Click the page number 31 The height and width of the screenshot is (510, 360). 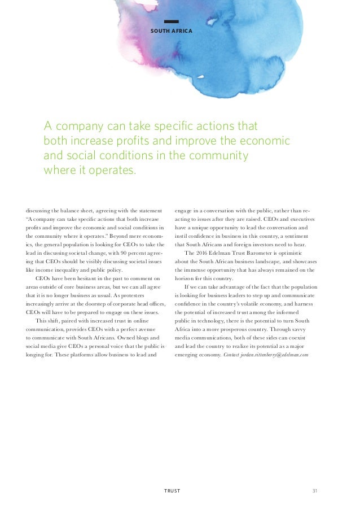click(x=315, y=491)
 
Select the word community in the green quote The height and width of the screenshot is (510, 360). click(x=216, y=154)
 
